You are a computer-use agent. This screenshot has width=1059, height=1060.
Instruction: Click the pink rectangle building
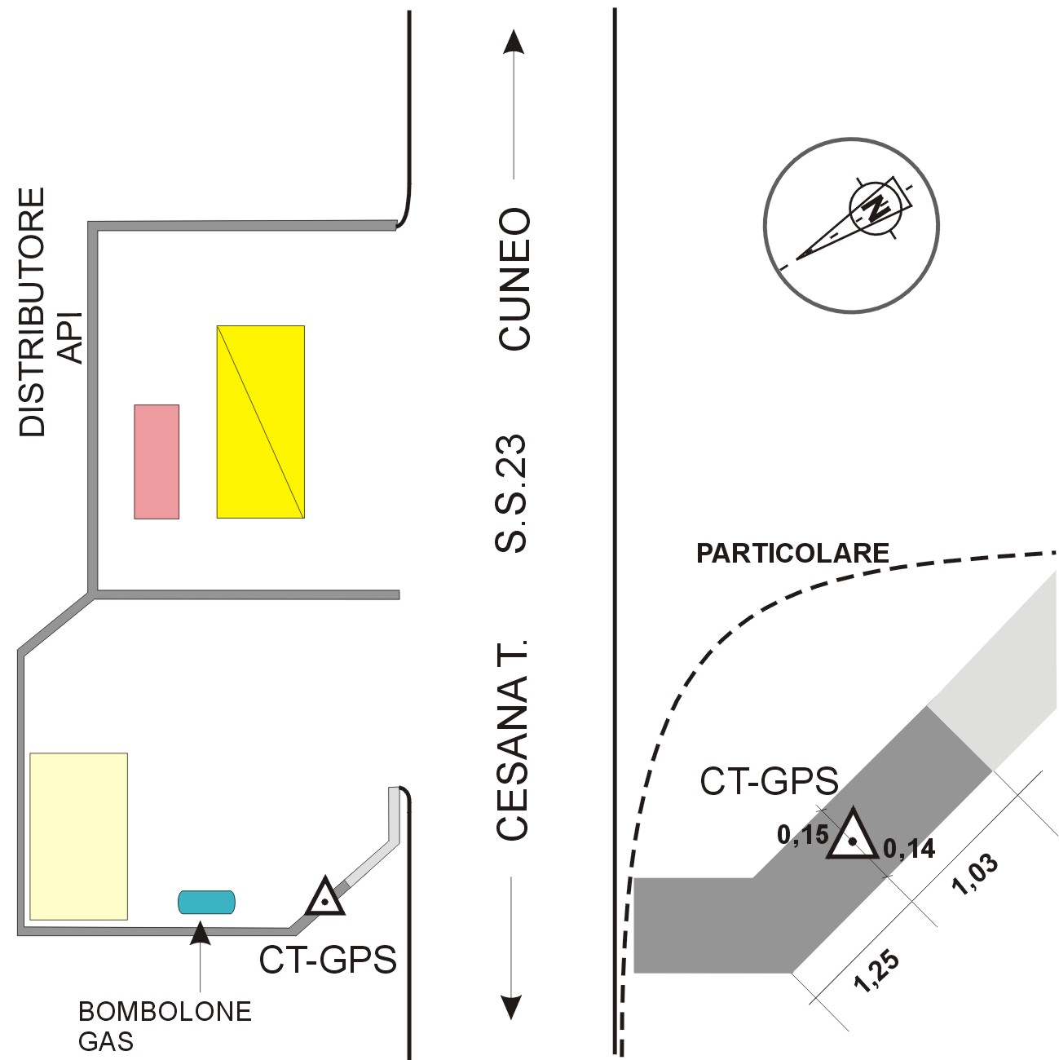coord(157,462)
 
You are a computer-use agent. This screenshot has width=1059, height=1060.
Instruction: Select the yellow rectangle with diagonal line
coord(260,422)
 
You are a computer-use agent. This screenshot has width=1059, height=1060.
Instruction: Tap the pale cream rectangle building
coord(78,836)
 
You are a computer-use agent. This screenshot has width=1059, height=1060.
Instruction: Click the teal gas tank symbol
coord(207,902)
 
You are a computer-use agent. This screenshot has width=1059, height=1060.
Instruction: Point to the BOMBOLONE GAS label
coord(164,1026)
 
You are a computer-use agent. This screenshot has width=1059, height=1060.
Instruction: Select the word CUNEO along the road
coord(515,280)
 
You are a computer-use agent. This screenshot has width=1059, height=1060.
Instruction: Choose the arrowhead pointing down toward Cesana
coord(511,1008)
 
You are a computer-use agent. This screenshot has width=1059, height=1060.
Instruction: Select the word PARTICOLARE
coord(792,554)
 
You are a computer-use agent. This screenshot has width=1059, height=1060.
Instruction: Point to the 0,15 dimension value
coord(802,835)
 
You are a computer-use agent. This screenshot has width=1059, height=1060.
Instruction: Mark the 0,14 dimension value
coord(909,850)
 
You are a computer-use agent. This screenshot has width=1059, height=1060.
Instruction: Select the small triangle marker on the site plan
coord(325,899)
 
